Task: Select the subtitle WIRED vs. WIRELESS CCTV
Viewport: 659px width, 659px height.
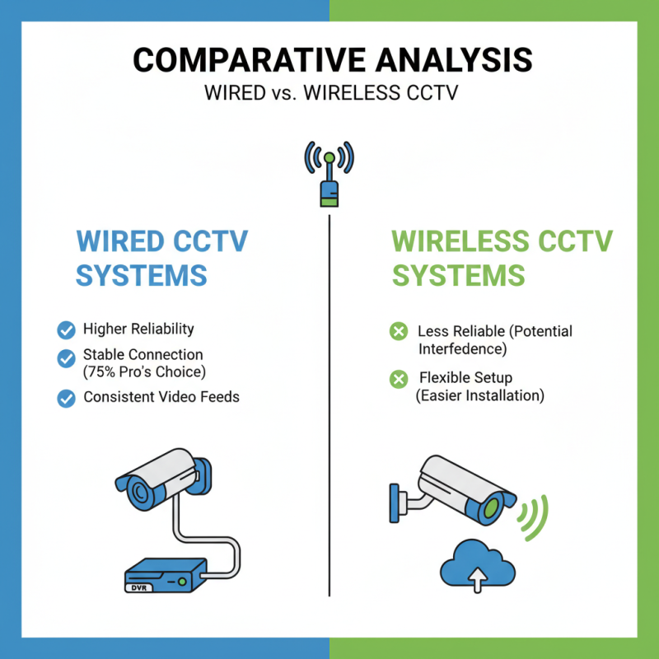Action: click(329, 92)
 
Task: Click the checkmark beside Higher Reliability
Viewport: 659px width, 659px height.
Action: click(66, 330)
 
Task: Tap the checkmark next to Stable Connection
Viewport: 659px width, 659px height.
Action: click(66, 358)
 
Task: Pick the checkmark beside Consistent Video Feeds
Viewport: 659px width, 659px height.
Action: click(66, 398)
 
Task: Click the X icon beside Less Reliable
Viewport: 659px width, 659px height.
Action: click(399, 332)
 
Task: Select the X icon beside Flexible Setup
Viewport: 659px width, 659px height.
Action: click(399, 379)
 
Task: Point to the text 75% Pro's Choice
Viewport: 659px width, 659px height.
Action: click(144, 372)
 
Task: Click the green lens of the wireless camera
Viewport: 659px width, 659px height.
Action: click(493, 505)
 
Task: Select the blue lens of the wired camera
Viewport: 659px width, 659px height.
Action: click(138, 493)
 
